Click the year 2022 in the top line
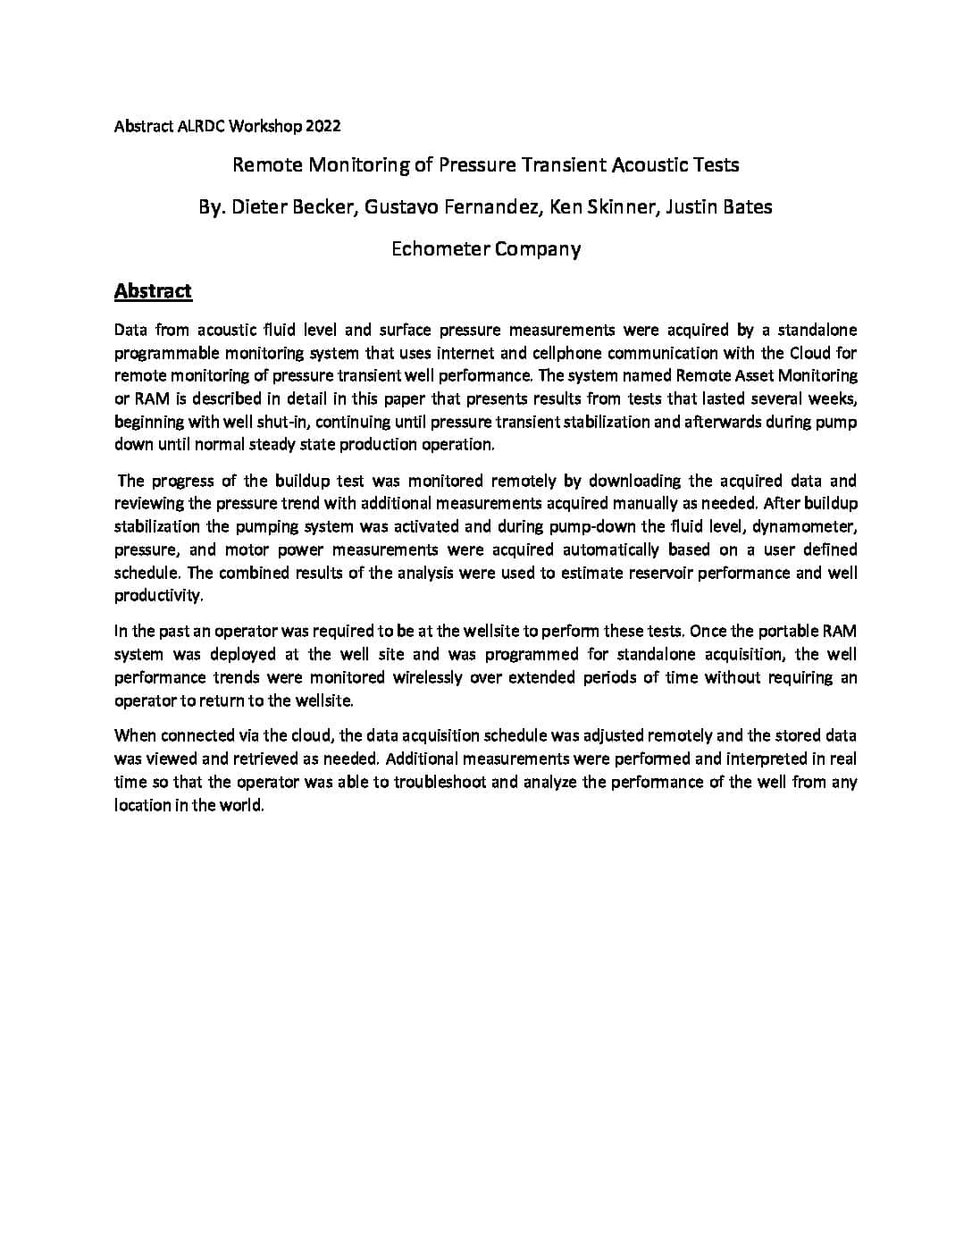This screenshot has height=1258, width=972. coord(323,126)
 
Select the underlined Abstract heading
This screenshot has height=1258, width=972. coord(153,290)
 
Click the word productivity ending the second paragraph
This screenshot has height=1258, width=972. coord(158,596)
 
